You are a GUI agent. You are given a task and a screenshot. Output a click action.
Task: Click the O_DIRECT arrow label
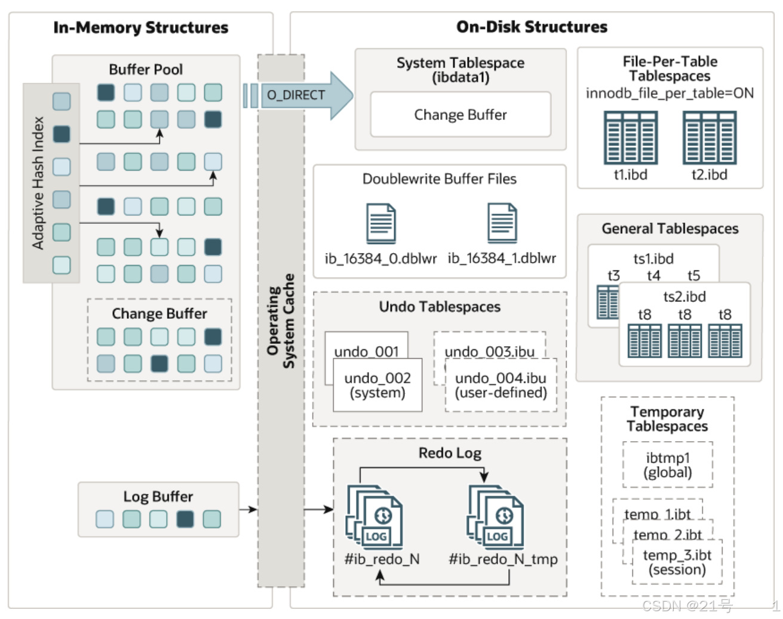[296, 95]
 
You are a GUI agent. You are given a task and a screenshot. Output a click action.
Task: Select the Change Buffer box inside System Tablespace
[460, 115]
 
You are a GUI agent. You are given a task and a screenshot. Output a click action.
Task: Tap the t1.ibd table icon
[630, 137]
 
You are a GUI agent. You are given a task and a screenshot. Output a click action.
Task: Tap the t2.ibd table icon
[709, 137]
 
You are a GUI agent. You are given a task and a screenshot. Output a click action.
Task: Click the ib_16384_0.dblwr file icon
[381, 223]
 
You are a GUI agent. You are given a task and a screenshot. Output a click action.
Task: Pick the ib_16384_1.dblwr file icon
[502, 223]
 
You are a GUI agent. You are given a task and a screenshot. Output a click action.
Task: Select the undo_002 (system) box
[377, 385]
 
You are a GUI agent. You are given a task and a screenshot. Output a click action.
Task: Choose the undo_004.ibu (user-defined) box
[500, 385]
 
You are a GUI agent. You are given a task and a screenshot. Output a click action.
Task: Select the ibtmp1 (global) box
[667, 465]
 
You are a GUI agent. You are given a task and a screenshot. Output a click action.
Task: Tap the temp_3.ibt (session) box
[677, 562]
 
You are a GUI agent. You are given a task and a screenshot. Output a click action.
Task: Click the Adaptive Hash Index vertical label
[38, 183]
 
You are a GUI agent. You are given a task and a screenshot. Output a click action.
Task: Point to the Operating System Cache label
[281, 321]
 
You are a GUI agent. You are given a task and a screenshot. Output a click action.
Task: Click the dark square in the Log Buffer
[185, 519]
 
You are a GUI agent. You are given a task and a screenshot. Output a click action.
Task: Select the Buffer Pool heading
[146, 69]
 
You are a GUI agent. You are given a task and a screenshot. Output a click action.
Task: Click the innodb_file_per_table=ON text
[670, 93]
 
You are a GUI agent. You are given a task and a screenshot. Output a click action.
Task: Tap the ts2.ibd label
[684, 297]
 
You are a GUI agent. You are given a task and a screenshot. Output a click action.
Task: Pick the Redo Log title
[450, 453]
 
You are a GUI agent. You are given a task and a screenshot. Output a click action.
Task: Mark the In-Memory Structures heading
[140, 27]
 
